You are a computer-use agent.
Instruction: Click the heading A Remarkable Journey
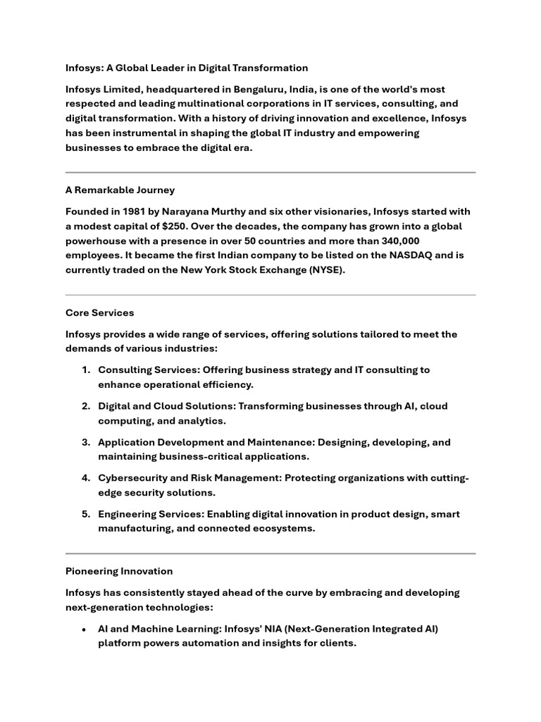(120, 190)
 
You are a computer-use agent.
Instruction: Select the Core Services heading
(99, 313)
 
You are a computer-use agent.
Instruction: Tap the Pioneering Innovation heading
(118, 571)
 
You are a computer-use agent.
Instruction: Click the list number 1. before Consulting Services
(86, 370)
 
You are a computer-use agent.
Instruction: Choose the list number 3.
(86, 443)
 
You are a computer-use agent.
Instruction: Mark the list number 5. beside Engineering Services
(86, 515)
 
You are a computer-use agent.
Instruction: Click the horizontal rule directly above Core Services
(270, 295)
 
